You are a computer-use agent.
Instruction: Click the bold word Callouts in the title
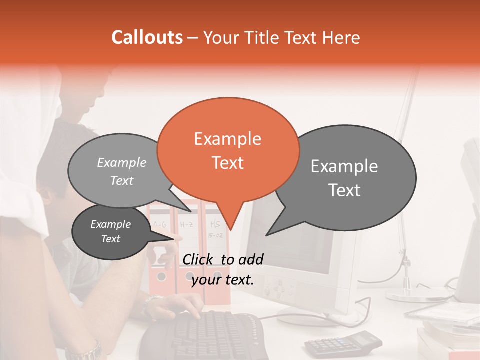(x=147, y=37)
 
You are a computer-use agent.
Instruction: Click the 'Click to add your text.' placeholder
(x=223, y=269)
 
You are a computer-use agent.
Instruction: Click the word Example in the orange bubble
(x=227, y=139)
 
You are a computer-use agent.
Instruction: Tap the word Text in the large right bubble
(x=345, y=190)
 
